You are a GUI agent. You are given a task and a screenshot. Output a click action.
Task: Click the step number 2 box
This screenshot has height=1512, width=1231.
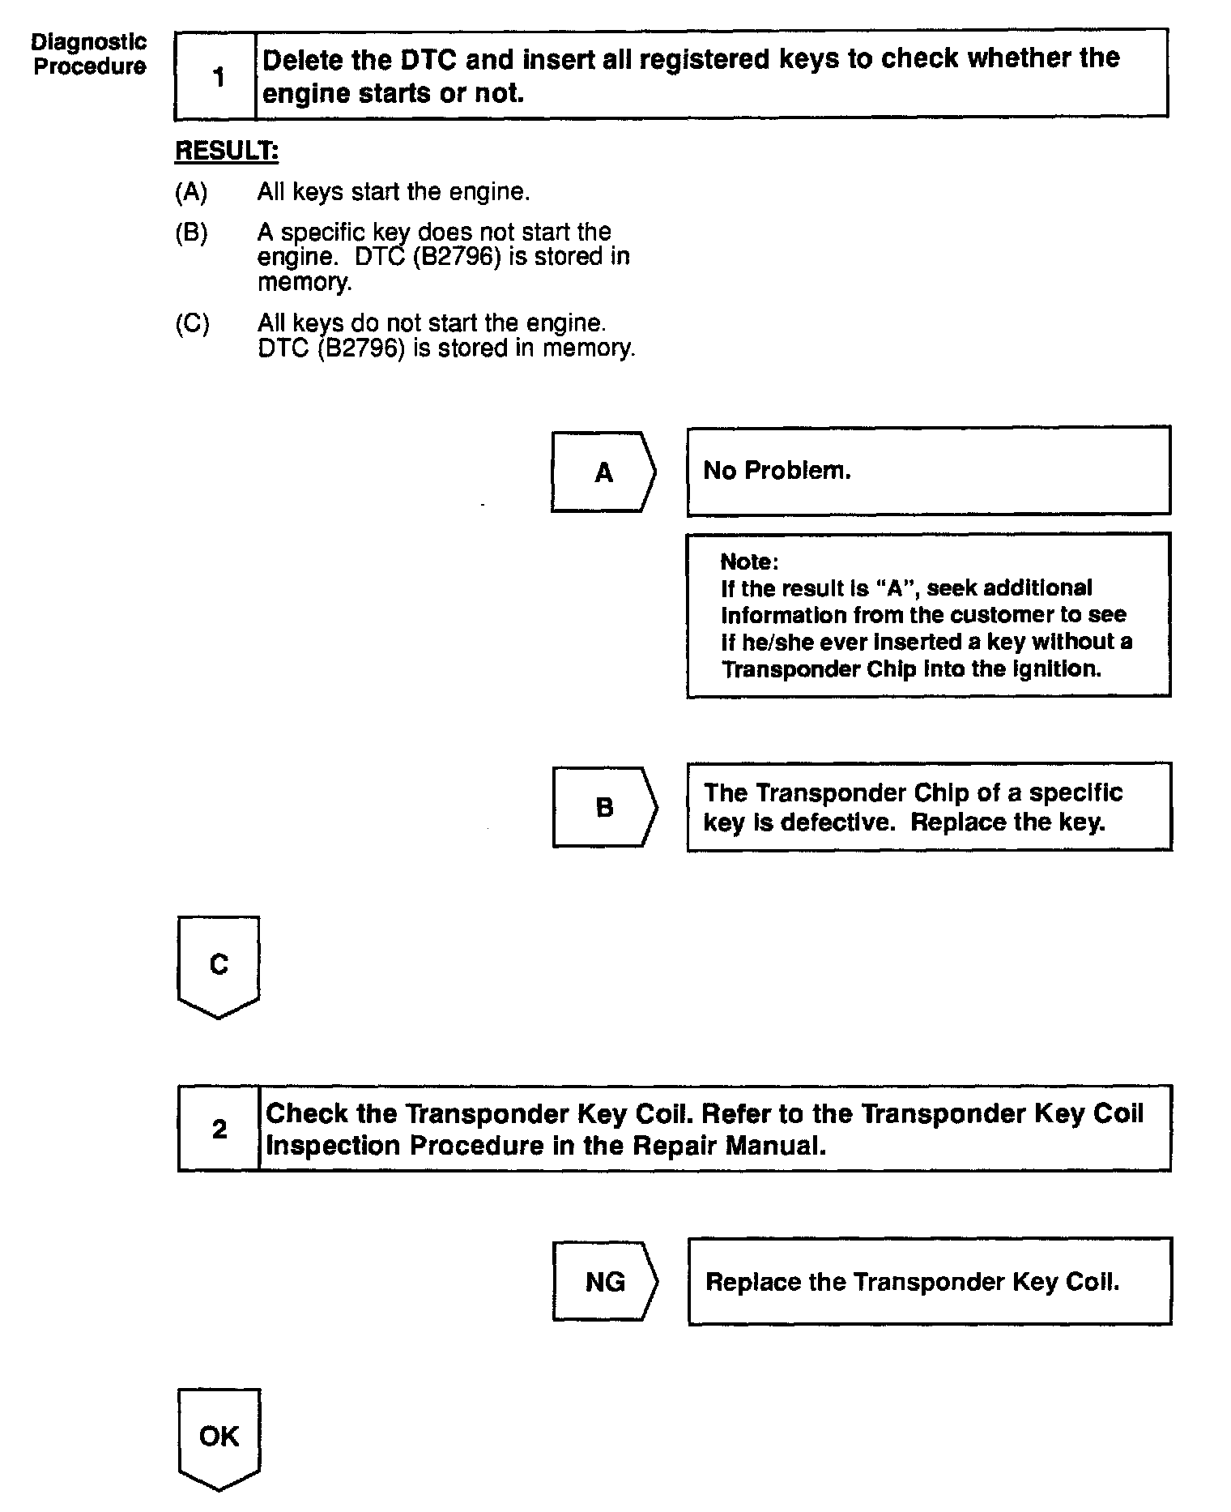tap(219, 1129)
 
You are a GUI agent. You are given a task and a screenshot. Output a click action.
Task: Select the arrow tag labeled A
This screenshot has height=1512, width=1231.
tap(603, 472)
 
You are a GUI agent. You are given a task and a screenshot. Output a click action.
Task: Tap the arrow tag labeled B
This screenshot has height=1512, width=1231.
tap(604, 807)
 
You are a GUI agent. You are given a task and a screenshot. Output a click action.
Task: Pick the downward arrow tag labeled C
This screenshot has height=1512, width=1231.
tap(219, 965)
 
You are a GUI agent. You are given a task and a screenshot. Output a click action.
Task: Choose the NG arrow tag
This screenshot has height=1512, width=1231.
tap(605, 1281)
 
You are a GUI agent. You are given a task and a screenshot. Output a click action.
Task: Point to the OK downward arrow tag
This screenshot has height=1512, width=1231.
tap(219, 1437)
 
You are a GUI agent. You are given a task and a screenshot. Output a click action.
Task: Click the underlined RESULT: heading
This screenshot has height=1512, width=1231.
tap(227, 152)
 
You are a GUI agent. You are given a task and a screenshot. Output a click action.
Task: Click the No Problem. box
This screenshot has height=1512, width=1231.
tap(928, 471)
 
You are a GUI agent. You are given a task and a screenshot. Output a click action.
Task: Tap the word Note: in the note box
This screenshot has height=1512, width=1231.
tap(749, 562)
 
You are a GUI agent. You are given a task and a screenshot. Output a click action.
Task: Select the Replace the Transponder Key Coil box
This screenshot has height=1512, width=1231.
tap(929, 1281)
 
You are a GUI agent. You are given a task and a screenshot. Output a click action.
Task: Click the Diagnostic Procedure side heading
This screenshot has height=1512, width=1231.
tap(89, 54)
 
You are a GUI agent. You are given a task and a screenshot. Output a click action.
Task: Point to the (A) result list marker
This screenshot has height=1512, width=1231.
tap(191, 192)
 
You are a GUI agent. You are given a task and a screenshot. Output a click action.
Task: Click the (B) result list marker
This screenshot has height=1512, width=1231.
tap(191, 233)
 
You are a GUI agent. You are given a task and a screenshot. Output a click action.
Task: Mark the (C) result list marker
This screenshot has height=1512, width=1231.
tap(192, 323)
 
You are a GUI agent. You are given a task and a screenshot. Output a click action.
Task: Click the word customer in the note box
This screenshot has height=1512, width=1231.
tap(1000, 615)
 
